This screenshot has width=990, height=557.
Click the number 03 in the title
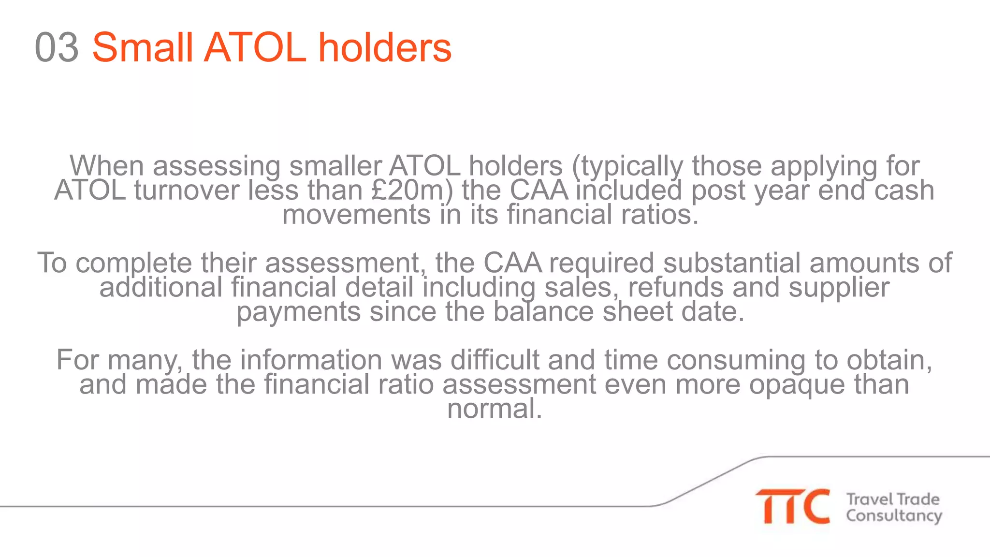(57, 47)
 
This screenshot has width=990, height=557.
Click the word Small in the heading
(143, 47)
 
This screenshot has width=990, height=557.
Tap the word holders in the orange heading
(384, 47)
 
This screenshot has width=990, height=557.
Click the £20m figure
(412, 191)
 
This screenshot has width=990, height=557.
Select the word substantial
(732, 263)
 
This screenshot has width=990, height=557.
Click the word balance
(543, 311)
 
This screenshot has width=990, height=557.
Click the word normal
(495, 409)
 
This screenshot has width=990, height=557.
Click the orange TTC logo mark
(793, 506)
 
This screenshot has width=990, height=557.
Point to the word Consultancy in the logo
(894, 516)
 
